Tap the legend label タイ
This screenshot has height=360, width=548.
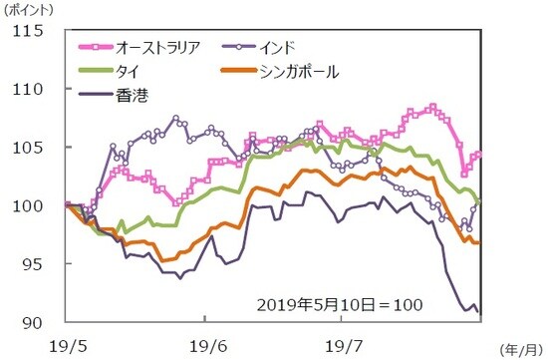coord(130,72)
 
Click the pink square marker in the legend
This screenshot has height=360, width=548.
coord(96,47)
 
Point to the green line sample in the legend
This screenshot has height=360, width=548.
coord(96,72)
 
